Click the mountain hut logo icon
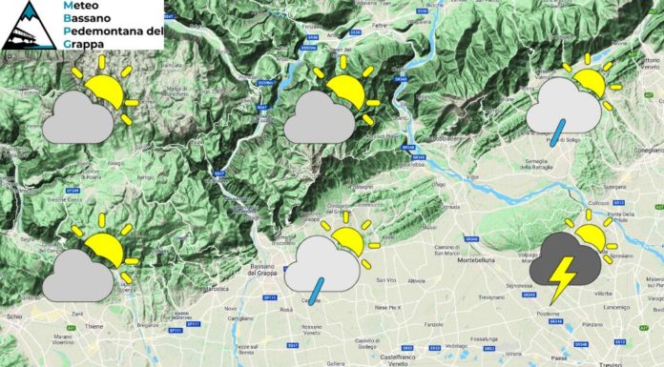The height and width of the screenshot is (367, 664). click(26, 25)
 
